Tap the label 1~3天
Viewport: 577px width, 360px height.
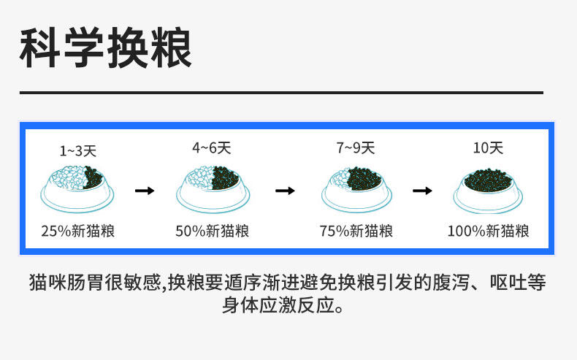(78, 151)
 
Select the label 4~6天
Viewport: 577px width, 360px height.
(212, 148)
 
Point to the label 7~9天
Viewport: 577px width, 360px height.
(356, 148)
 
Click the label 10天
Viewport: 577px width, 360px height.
(488, 148)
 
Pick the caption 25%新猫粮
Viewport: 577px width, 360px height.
(78, 231)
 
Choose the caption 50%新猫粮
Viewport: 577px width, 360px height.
(212, 231)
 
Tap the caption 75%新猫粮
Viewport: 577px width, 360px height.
(356, 231)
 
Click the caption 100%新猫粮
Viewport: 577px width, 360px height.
(488, 231)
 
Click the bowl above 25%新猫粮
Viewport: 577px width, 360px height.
(78, 188)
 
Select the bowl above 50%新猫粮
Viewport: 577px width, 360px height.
(212, 188)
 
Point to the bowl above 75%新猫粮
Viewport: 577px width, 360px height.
(356, 188)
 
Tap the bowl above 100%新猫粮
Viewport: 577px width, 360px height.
(488, 188)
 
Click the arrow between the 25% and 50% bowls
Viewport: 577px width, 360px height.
(145, 191)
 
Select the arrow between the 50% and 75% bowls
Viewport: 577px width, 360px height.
(285, 191)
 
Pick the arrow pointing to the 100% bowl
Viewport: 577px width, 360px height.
(422, 191)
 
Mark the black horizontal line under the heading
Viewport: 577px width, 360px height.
(280, 93)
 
